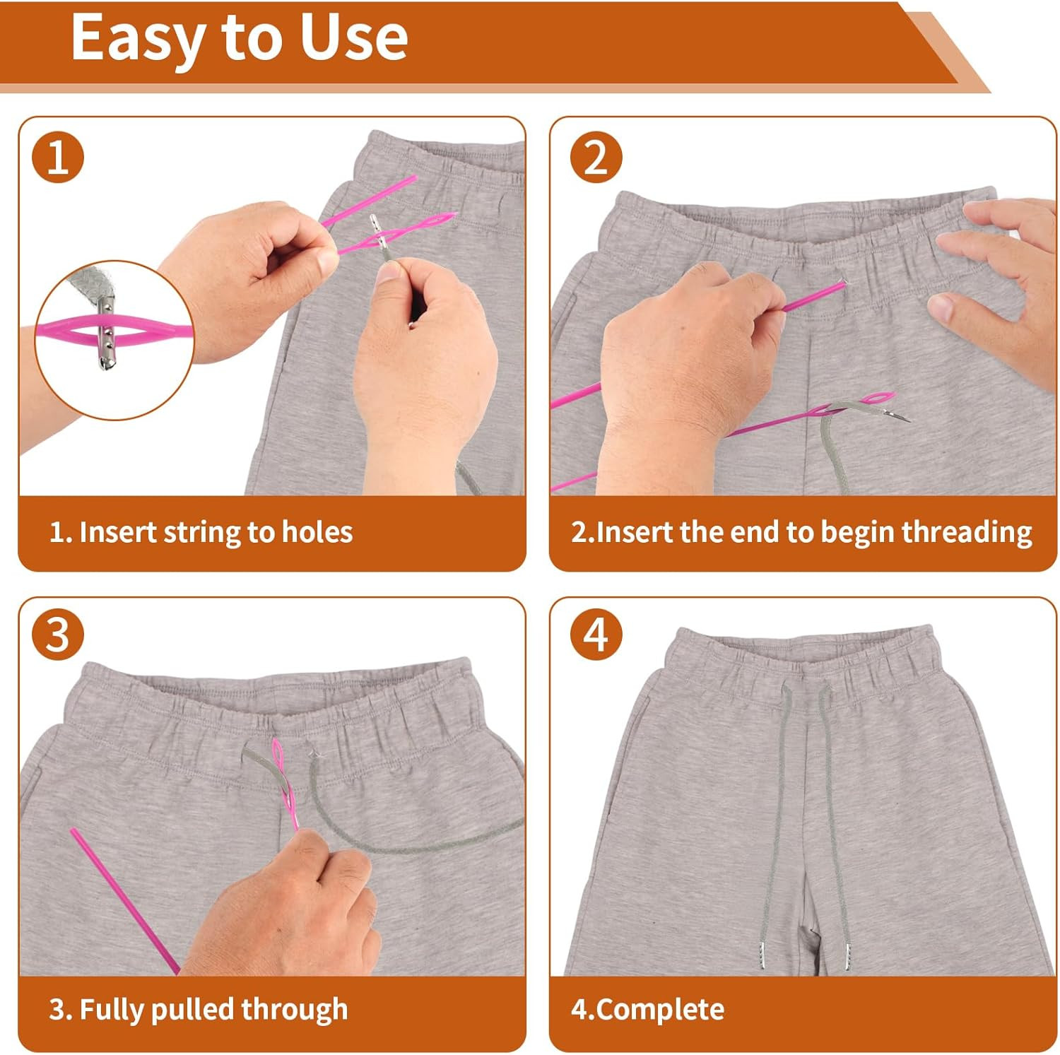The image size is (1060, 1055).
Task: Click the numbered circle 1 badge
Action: pos(58,157)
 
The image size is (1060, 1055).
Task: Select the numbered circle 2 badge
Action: pos(596,157)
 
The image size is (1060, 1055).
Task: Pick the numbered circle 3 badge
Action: pos(58,634)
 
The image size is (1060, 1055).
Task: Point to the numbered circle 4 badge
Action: pos(596,634)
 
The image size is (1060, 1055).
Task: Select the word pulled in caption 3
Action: pos(192,1009)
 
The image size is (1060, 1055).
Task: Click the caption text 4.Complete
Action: pos(647,1009)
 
